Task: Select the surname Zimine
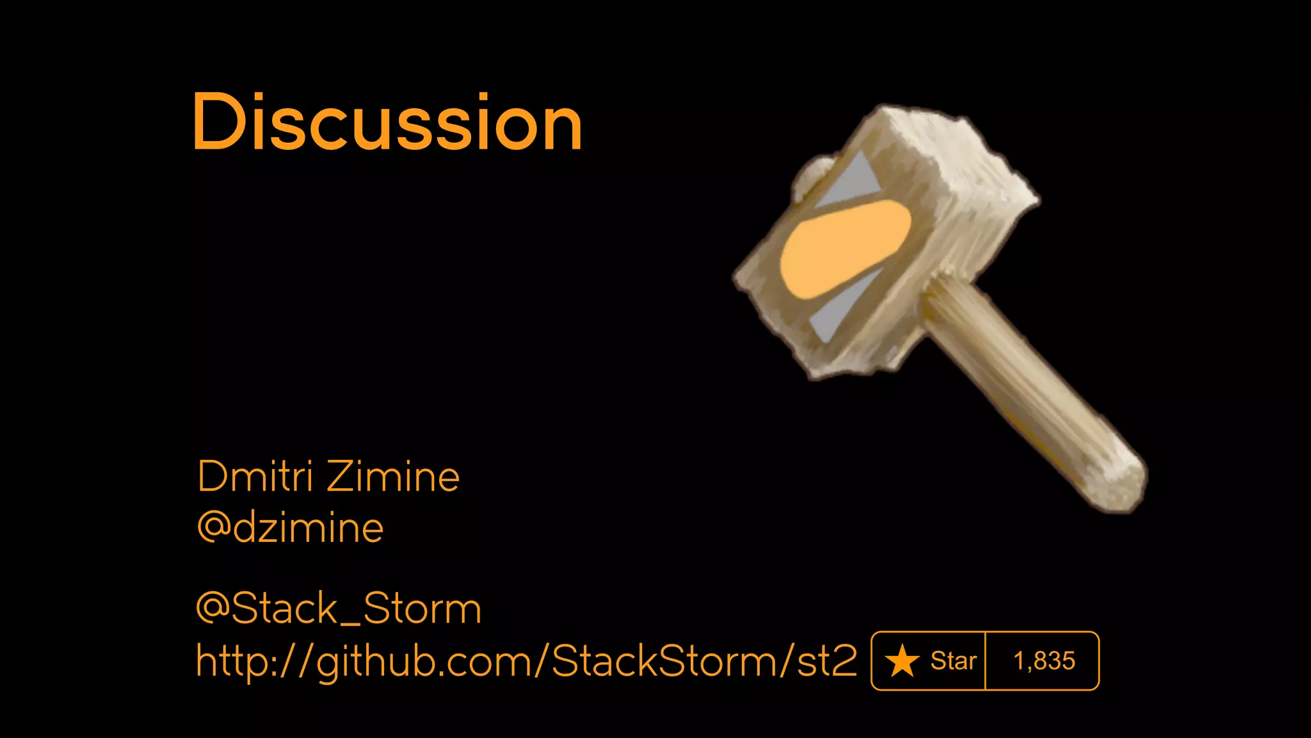coord(394,477)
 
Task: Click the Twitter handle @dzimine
coord(291,528)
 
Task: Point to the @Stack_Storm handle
coord(339,608)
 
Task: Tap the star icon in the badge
coord(902,661)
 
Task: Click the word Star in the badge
coord(953,661)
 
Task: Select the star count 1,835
coord(1044,661)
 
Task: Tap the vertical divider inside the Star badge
coord(985,661)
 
